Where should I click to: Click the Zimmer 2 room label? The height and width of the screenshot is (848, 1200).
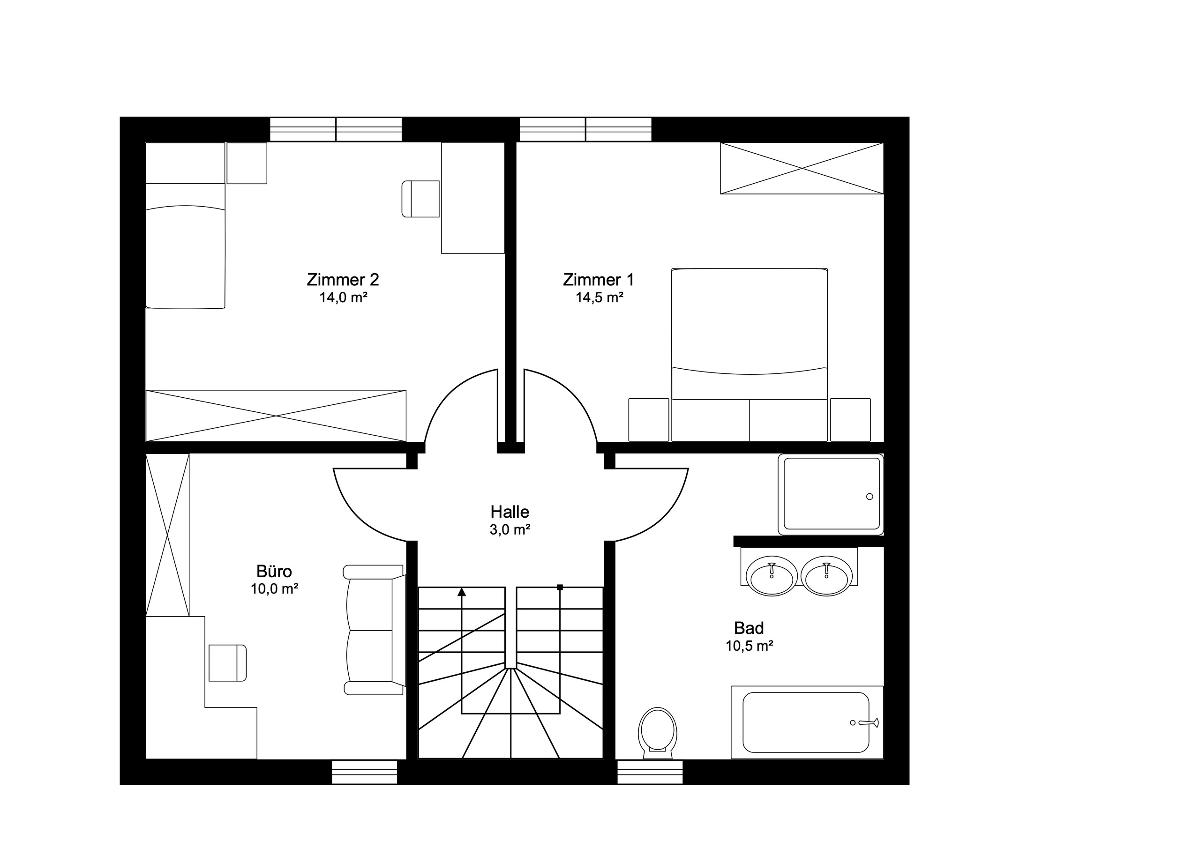click(342, 280)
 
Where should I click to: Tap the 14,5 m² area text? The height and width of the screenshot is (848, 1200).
click(599, 298)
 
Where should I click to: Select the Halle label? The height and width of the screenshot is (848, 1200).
click(510, 512)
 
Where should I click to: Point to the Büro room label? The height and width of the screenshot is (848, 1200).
click(274, 571)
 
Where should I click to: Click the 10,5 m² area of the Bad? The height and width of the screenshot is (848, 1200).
click(749, 647)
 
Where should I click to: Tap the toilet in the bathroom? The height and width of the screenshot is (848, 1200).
click(657, 731)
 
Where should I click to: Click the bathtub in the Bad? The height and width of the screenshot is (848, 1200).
click(805, 722)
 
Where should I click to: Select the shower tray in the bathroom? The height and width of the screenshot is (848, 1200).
click(831, 494)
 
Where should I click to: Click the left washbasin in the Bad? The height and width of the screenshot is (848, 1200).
click(772, 576)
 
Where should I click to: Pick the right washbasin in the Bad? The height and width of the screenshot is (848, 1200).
click(826, 576)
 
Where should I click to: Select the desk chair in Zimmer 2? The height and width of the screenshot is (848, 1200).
click(420, 199)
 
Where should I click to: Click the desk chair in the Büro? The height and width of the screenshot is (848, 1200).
click(227, 663)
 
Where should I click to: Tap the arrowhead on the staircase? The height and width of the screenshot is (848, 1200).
click(462, 592)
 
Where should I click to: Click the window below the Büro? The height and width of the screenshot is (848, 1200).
click(364, 772)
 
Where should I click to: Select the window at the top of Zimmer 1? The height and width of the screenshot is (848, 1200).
click(585, 129)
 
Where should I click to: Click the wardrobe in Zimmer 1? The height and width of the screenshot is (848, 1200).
click(802, 168)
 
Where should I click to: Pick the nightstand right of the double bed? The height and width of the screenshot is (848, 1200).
click(850, 420)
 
